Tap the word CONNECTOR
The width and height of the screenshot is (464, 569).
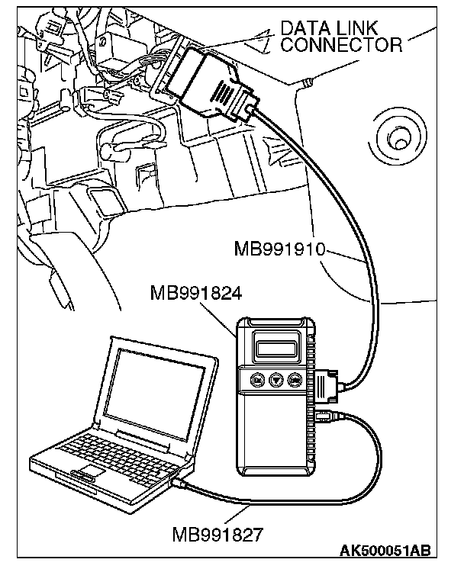point(341,45)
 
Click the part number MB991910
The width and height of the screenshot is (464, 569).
point(282,249)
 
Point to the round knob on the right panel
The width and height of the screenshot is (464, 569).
point(397,140)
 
